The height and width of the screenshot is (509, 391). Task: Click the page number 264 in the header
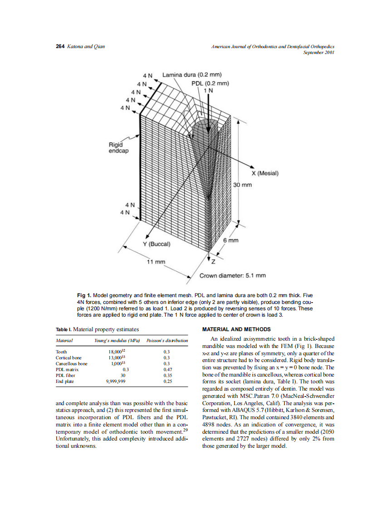[x=60, y=47]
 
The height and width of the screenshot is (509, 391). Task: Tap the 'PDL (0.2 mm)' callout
[x=210, y=83]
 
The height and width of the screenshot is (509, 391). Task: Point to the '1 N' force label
[x=209, y=90]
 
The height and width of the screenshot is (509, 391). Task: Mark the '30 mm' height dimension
[x=242, y=185]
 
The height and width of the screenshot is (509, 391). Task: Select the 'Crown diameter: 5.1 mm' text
[x=233, y=275]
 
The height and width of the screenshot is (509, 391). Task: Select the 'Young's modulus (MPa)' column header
[x=117, y=340]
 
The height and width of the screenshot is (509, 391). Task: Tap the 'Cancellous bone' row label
[x=71, y=364]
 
